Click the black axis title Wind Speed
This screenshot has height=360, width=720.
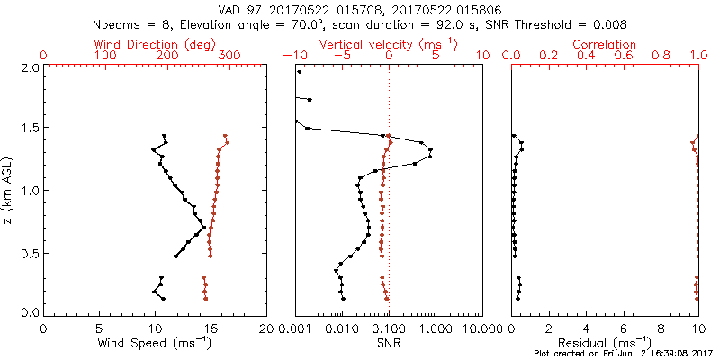155,343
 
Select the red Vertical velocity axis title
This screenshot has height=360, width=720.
388,44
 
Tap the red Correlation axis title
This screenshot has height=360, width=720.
605,44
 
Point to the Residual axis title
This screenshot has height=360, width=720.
605,343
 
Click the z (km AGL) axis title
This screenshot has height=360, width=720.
9,190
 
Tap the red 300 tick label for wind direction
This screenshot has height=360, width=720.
229,56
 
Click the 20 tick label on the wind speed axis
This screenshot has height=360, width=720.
265,329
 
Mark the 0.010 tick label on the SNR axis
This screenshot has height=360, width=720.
342,329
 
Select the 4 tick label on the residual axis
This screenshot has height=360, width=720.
587,329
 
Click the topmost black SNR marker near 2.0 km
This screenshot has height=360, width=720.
300,70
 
